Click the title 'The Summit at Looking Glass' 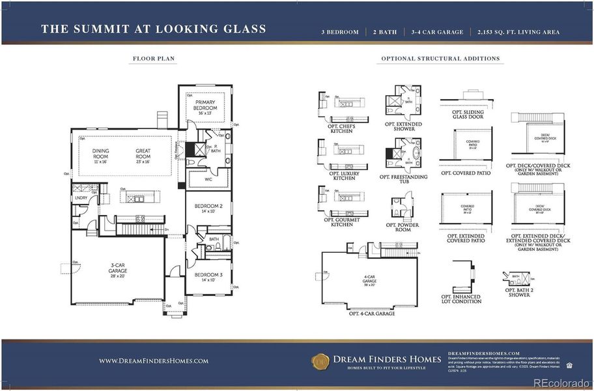click(153, 29)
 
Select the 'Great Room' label click(143, 154)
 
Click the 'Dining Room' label click(100, 154)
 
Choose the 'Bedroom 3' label click(208, 277)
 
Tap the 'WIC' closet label click(209, 178)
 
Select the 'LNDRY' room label click(82, 197)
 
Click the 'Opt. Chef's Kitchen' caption click(341, 128)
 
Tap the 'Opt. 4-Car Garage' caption click(372, 313)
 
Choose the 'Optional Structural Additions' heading click(439, 59)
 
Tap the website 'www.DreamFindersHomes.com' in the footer click(154, 360)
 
